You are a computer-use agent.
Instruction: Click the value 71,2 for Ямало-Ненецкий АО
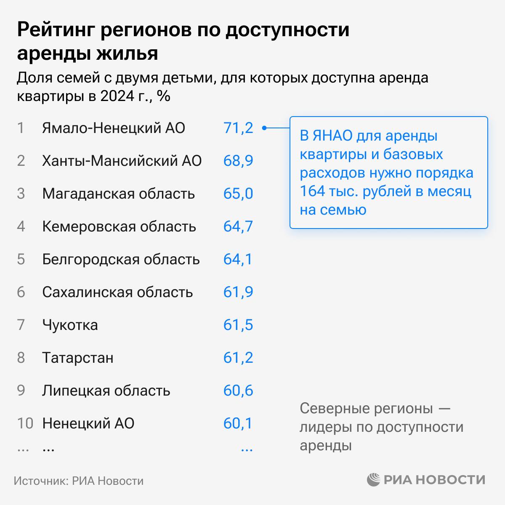point(238,128)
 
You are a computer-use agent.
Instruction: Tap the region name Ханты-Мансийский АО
point(122,161)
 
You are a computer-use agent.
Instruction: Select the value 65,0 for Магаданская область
point(238,194)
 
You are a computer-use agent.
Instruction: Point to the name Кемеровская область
point(119,226)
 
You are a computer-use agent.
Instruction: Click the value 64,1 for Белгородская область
point(238,259)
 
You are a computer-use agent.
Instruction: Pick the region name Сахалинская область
point(117,292)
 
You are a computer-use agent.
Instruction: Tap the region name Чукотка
point(70,325)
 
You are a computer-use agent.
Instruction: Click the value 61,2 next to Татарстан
point(238,358)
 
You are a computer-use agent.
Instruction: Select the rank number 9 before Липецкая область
point(21,391)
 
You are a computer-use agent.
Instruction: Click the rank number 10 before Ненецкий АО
point(25,423)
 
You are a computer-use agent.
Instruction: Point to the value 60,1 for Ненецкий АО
point(238,423)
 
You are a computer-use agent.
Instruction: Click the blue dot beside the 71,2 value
point(264,128)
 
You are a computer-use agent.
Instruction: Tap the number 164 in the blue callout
point(312,191)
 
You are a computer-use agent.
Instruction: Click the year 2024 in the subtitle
point(116,96)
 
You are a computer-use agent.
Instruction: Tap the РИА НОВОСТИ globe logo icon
point(373,480)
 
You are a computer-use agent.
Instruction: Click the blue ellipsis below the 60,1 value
point(247,449)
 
